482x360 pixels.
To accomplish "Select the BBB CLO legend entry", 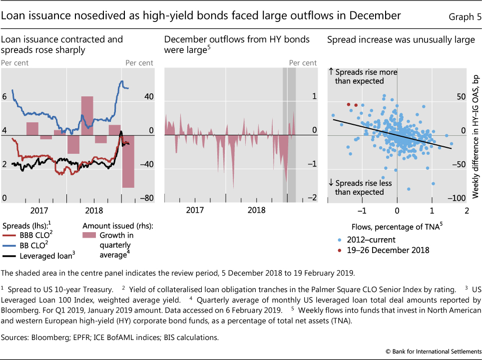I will coord(27,235).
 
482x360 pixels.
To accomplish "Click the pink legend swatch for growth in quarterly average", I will coord(90,235).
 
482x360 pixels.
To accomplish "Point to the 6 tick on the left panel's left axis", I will coord(4,97).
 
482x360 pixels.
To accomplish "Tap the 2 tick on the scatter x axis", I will coord(467,210).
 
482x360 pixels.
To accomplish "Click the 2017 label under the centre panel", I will coord(194,210).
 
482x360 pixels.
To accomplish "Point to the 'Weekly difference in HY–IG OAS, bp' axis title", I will coord(476,133).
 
